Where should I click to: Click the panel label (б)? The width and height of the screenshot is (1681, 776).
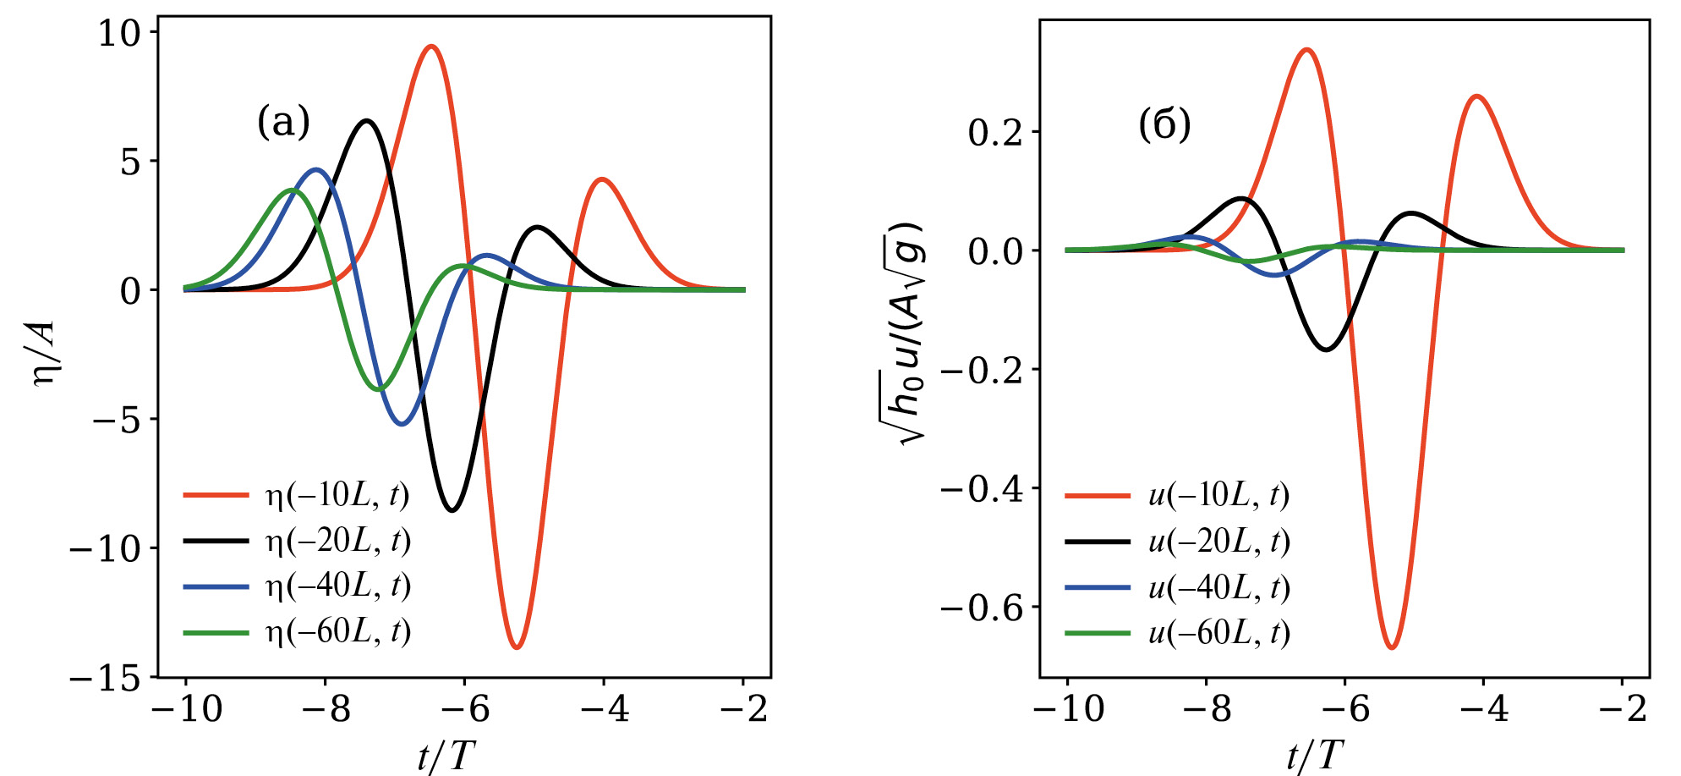click(1164, 124)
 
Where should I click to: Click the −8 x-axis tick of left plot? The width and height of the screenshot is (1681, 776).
click(326, 709)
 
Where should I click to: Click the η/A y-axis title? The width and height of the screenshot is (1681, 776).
click(44, 353)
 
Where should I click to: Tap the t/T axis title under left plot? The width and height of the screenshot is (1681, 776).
click(446, 756)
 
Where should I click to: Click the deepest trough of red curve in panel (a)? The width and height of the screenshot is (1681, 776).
click(517, 647)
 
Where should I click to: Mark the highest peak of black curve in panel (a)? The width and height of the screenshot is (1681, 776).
click(367, 121)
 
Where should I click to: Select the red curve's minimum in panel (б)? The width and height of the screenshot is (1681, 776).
click(1392, 647)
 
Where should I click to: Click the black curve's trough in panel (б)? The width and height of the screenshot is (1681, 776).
click(1326, 349)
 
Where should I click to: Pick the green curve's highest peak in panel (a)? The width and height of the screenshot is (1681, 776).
click(293, 190)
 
